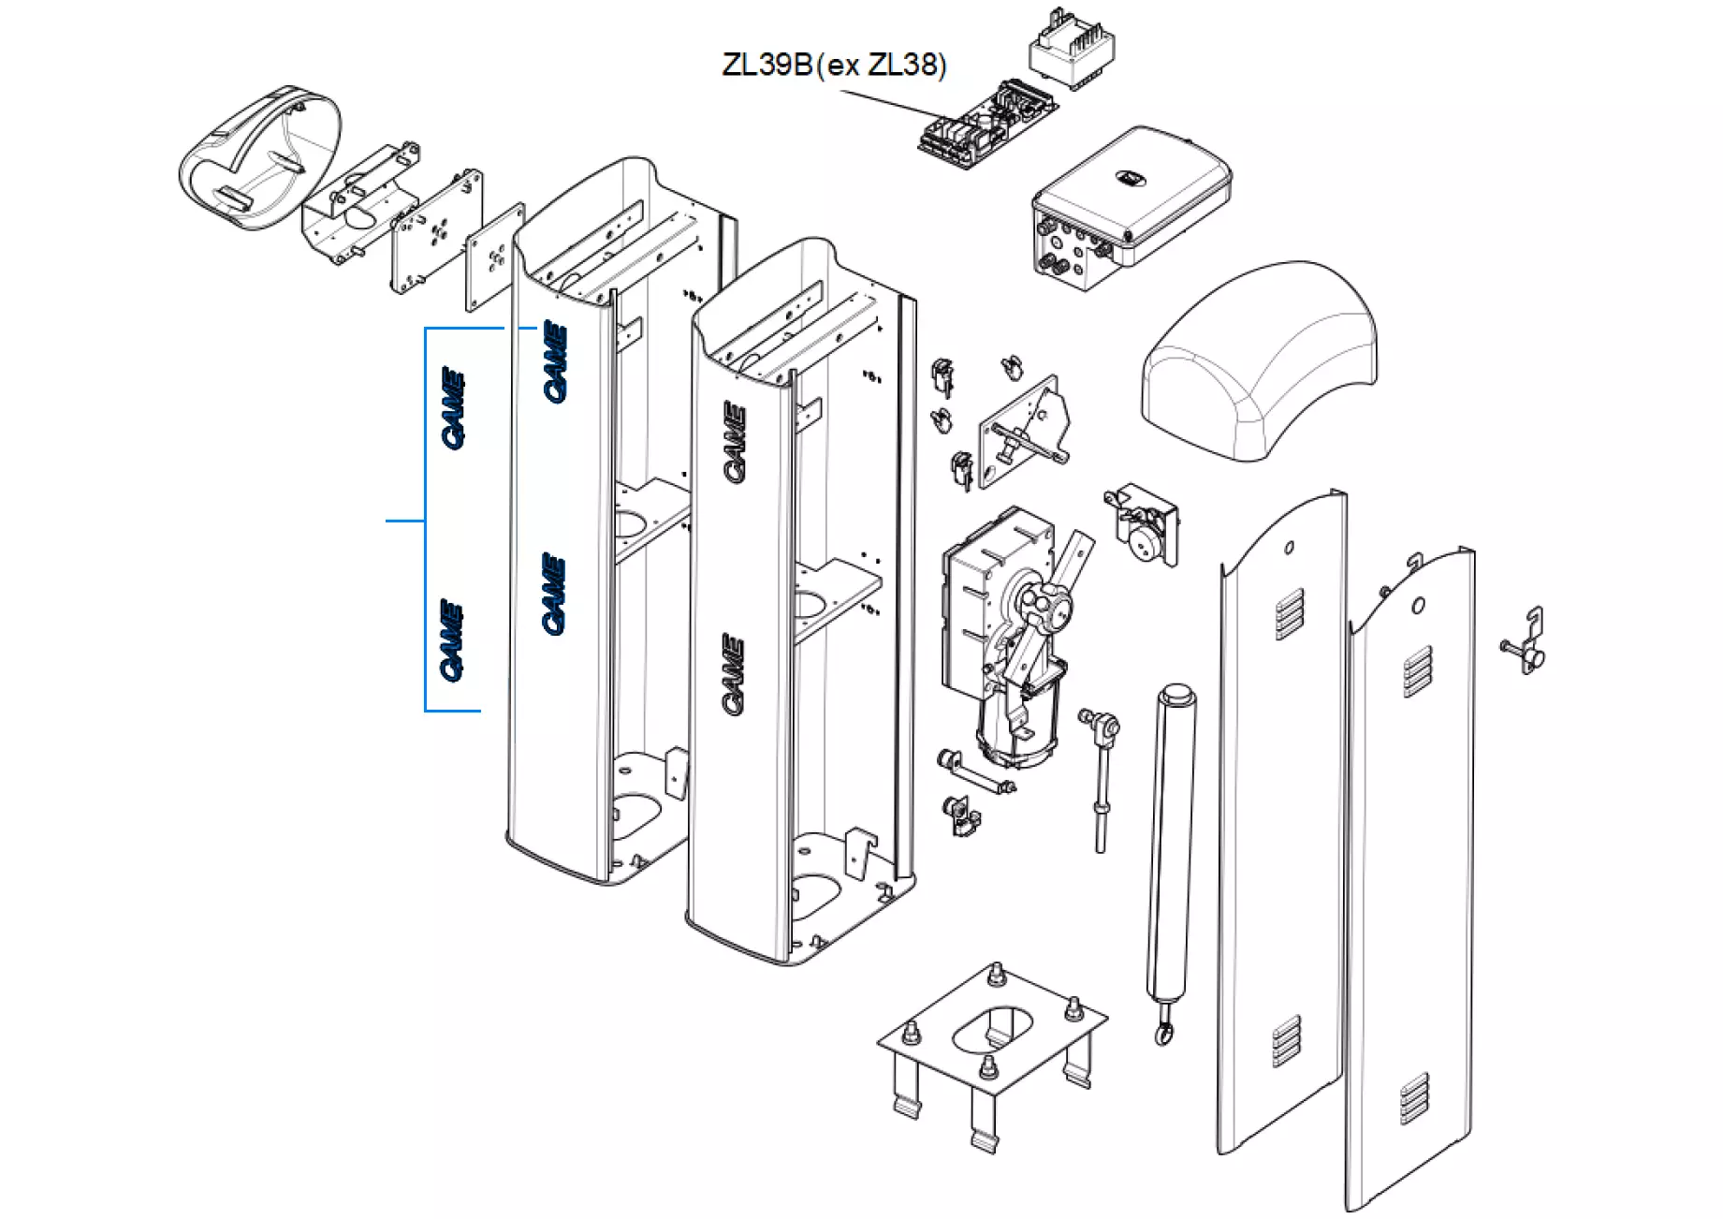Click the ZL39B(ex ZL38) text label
click(x=834, y=65)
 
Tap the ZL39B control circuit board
click(x=986, y=125)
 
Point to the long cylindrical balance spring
click(x=1171, y=843)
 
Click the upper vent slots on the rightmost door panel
click(x=1417, y=670)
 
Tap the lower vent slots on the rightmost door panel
click(x=1414, y=1098)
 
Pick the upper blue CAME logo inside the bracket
click(x=453, y=407)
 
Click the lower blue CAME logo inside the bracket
click(x=452, y=640)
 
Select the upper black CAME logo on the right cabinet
click(x=735, y=442)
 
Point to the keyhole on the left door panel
click(x=1289, y=547)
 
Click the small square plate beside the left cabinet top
click(x=495, y=257)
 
